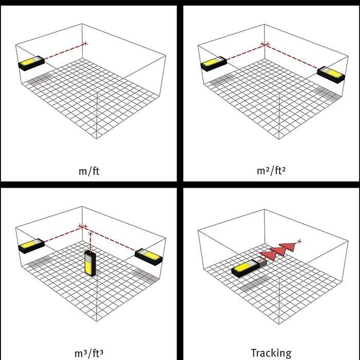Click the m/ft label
[89, 171]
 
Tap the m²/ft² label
[271, 171]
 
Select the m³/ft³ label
[89, 353]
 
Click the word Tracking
[271, 353]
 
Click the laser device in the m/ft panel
[31, 63]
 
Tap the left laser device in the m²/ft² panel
[214, 64]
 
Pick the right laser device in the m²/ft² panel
[331, 75]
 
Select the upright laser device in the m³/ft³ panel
[90, 263]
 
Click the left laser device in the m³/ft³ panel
[31, 246]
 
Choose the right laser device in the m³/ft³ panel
[149, 257]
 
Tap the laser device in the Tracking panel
[249, 268]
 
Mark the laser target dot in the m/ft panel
[86, 43]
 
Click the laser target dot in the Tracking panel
[299, 241]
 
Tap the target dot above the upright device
[90, 233]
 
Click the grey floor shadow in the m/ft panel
[39, 79]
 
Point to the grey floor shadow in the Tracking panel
[255, 284]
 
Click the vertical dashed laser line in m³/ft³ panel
[90, 242]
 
